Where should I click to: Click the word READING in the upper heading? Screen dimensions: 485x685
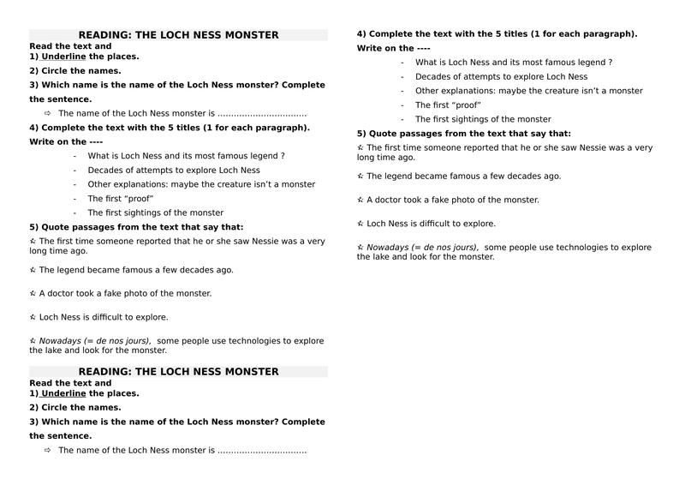(x=103, y=35)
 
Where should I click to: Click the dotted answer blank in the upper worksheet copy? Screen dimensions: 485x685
(x=261, y=114)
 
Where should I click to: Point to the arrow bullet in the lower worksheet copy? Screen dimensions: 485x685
(x=47, y=450)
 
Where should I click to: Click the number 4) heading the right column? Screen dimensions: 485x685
(x=361, y=34)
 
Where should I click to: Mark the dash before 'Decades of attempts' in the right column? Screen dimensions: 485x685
(x=402, y=76)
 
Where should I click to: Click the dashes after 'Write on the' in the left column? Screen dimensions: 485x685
(x=96, y=142)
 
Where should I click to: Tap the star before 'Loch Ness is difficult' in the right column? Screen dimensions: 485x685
(x=360, y=224)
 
